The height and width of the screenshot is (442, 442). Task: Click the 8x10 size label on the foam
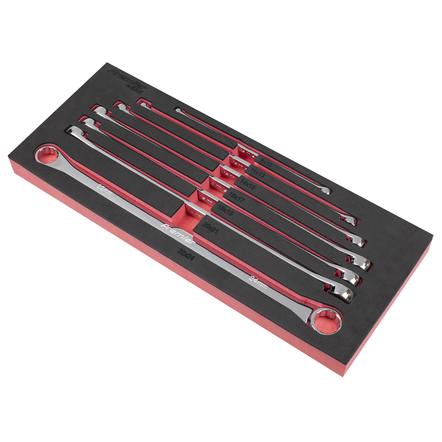(266, 162)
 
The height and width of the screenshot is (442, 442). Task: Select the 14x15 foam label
(248, 185)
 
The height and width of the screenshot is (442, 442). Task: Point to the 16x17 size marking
(237, 198)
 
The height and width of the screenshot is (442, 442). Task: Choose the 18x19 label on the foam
(226, 210)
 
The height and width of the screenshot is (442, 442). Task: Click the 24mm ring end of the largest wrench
(327, 320)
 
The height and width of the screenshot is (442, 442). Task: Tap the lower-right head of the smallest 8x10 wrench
(325, 190)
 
